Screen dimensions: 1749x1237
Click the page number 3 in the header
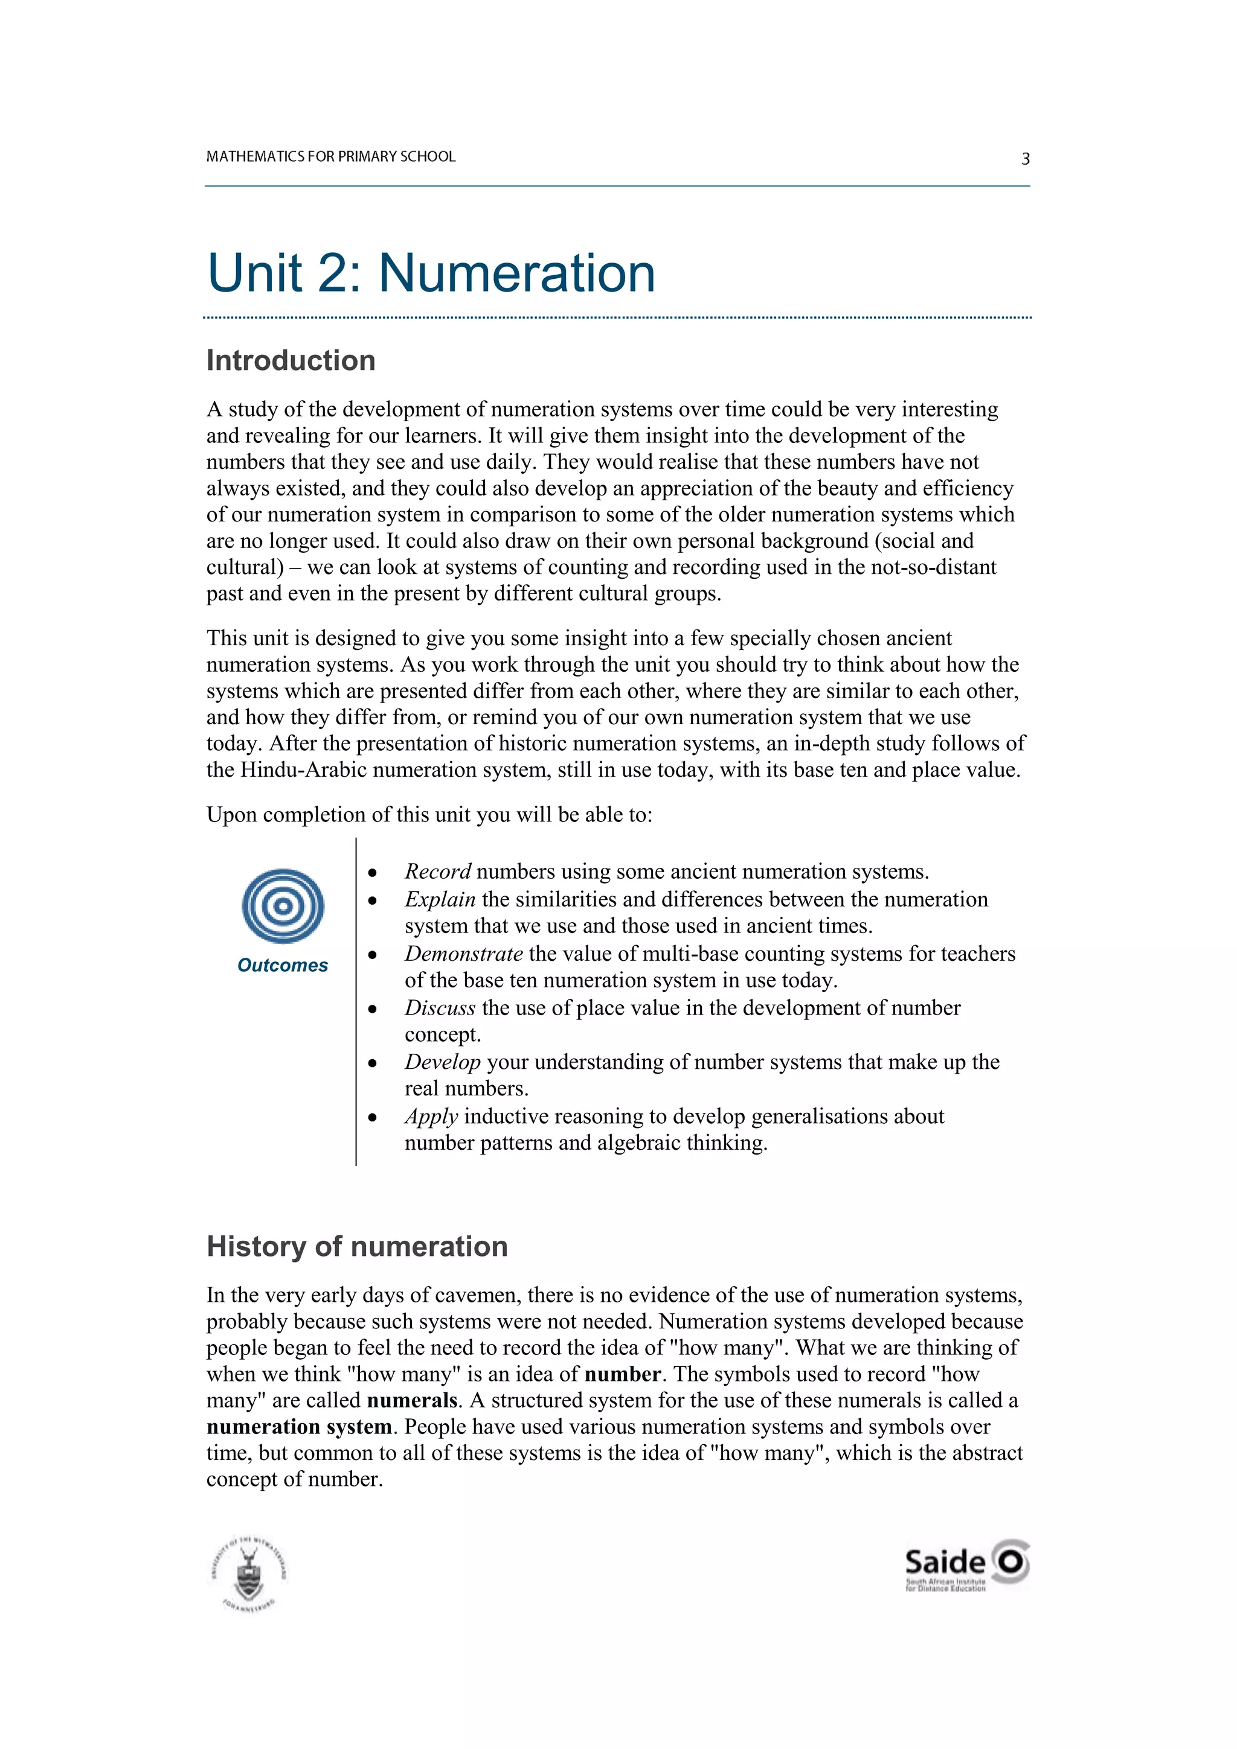click(x=1025, y=159)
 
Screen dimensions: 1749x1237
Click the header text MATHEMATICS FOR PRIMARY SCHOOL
click(x=331, y=156)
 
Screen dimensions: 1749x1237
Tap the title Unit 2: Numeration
click(x=431, y=273)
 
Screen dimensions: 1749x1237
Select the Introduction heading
click(x=291, y=360)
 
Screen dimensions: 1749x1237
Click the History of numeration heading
click(x=357, y=1246)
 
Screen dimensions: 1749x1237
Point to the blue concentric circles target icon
click(x=283, y=906)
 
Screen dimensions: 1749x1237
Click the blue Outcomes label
click(x=282, y=965)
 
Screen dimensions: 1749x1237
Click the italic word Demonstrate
click(x=463, y=953)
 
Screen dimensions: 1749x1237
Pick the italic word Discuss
click(x=440, y=1007)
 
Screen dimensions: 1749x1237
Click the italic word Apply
click(x=431, y=1116)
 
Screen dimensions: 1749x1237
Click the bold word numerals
click(x=411, y=1400)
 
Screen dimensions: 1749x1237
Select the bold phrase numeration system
click(x=299, y=1426)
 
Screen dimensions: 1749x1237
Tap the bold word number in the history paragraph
click(x=622, y=1374)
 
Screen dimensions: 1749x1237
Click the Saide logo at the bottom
click(x=966, y=1563)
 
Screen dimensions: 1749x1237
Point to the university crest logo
click(x=248, y=1573)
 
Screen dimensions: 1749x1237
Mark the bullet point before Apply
click(x=372, y=1118)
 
